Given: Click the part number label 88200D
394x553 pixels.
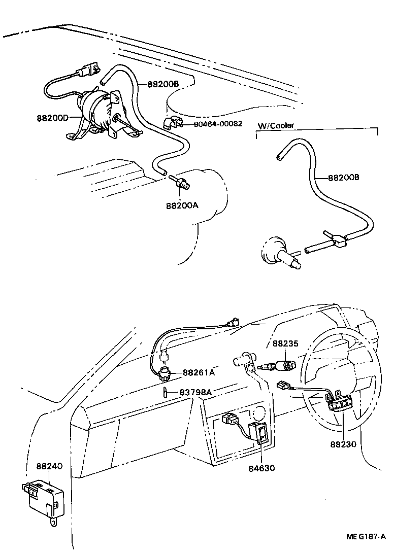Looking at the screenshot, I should tap(53, 118).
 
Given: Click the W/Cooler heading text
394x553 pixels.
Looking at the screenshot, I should tap(276, 125).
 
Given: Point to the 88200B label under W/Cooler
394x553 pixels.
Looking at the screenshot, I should tap(343, 178).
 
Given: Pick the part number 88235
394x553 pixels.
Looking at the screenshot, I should tap(286, 343).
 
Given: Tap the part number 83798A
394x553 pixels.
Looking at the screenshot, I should tap(195, 392).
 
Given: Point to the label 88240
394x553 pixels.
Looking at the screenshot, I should tap(49, 465).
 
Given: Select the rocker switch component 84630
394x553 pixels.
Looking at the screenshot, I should tap(259, 434).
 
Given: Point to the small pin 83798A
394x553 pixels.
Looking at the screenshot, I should tap(166, 392).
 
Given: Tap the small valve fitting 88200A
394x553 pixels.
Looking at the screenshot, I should tap(181, 183).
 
